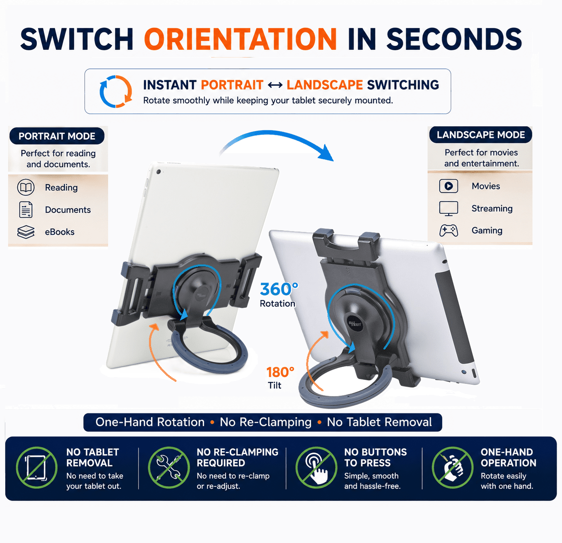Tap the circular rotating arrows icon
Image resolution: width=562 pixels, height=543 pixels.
click(x=116, y=91)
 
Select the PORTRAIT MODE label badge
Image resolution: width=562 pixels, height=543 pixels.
click(x=57, y=136)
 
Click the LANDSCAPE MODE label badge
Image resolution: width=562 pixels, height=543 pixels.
click(x=481, y=134)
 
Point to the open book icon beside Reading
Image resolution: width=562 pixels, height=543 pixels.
click(x=26, y=187)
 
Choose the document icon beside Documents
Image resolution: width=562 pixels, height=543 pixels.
click(x=26, y=210)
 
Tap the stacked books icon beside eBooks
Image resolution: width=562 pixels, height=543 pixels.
click(x=26, y=232)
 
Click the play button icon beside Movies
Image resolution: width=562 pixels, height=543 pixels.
click(x=449, y=186)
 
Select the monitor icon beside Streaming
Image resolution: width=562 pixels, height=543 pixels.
click(x=449, y=209)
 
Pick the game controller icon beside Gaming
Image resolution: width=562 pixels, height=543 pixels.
click(x=449, y=230)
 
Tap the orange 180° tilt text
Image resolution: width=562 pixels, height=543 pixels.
click(x=280, y=372)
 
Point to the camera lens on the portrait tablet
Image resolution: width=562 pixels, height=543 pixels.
click(x=158, y=172)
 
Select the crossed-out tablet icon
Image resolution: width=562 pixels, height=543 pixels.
click(x=37, y=467)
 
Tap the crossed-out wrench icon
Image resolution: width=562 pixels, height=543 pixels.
click(x=169, y=467)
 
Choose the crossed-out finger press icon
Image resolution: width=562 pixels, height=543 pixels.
click(x=317, y=467)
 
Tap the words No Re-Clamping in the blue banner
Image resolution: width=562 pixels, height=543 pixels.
click(x=266, y=422)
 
